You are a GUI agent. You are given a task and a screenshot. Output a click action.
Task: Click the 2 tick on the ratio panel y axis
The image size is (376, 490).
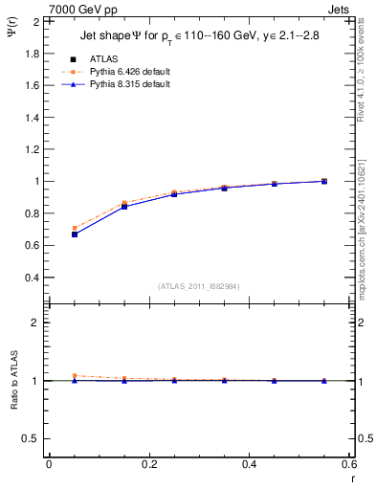pos(34,323)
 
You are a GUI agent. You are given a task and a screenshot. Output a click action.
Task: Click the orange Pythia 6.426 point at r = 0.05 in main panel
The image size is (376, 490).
pos(75,228)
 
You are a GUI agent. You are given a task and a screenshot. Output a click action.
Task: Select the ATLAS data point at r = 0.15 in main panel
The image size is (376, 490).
pos(124,206)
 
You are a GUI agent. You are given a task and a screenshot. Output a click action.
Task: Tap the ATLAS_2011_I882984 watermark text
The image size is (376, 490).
pos(200,286)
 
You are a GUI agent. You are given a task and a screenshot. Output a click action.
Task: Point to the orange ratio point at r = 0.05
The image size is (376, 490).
pos(75,376)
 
